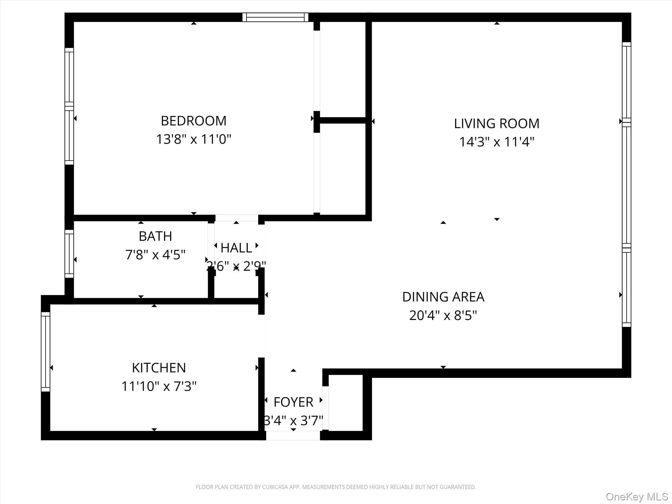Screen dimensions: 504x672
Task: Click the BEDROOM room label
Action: tap(194, 121)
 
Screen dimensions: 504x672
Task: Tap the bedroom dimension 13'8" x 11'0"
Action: tap(194, 139)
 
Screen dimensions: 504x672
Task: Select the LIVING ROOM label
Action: tap(496, 124)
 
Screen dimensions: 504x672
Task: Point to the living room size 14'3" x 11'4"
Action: tap(496, 142)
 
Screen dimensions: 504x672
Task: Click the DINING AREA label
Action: tap(443, 297)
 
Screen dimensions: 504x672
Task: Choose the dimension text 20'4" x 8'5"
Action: tap(443, 315)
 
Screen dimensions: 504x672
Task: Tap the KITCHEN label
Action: tap(159, 368)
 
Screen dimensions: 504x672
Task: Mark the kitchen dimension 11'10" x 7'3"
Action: tap(159, 386)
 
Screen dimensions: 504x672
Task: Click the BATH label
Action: tap(155, 236)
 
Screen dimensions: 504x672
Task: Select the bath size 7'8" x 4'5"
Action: tap(155, 255)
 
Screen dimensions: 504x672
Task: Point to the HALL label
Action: tap(236, 248)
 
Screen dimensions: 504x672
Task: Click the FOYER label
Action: tap(293, 402)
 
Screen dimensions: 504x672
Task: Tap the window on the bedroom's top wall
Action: tap(275, 17)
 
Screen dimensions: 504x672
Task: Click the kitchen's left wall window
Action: tap(45, 351)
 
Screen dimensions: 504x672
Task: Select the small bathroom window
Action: tap(69, 254)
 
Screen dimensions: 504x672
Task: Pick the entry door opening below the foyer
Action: tap(293, 435)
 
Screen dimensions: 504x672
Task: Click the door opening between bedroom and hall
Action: tap(237, 218)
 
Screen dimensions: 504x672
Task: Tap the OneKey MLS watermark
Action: tap(637, 496)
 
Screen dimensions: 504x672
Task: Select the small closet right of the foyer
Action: tap(346, 403)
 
